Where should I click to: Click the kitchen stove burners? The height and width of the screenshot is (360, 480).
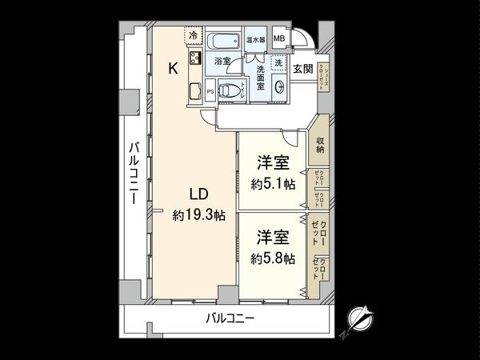coord(194,58)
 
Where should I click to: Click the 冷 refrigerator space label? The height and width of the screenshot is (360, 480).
coord(193,35)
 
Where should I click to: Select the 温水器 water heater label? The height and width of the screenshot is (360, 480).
coord(256,38)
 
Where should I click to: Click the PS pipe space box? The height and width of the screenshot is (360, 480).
coord(210,92)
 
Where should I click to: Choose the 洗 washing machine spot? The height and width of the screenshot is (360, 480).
coord(277,62)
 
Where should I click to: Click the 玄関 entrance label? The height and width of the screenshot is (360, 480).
coord(302,68)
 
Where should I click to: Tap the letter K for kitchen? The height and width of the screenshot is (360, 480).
coord(173,69)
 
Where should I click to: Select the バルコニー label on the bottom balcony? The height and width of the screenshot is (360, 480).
coord(230,318)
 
